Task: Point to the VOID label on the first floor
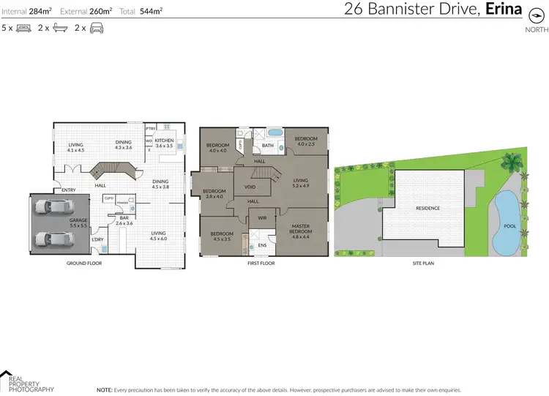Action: point(250,187)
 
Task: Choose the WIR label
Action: point(261,217)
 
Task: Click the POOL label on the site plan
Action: point(510,226)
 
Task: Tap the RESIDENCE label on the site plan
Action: point(428,208)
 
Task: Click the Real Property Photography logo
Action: point(26,381)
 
